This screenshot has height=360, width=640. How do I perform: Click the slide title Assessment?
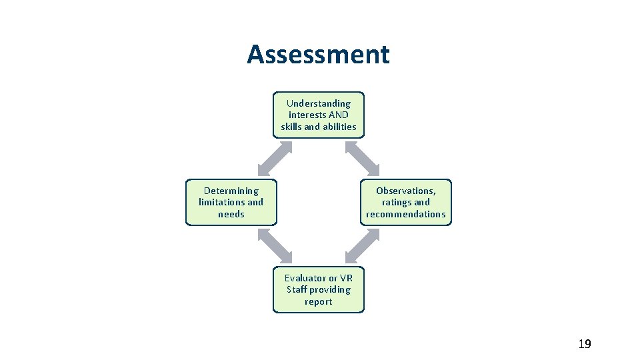[318, 55]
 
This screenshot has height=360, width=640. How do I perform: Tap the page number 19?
[584, 344]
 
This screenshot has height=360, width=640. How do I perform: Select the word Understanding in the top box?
[318, 103]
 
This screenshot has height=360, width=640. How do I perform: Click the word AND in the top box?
[339, 115]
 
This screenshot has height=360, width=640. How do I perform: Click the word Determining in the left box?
[231, 191]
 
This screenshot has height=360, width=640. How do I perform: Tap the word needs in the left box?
[231, 214]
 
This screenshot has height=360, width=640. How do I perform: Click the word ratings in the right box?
[397, 202]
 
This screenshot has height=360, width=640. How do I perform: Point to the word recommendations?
[405, 214]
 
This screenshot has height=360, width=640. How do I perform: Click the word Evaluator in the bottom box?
[305, 278]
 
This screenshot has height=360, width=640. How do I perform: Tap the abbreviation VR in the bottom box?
[346, 278]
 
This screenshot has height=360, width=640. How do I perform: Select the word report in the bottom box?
[318, 301]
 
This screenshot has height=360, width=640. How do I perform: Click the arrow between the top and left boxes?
[275, 159]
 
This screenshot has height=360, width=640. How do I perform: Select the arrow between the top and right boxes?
[362, 159]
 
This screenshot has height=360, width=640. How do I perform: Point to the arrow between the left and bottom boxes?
[275, 246]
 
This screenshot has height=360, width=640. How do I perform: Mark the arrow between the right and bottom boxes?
[362, 246]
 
